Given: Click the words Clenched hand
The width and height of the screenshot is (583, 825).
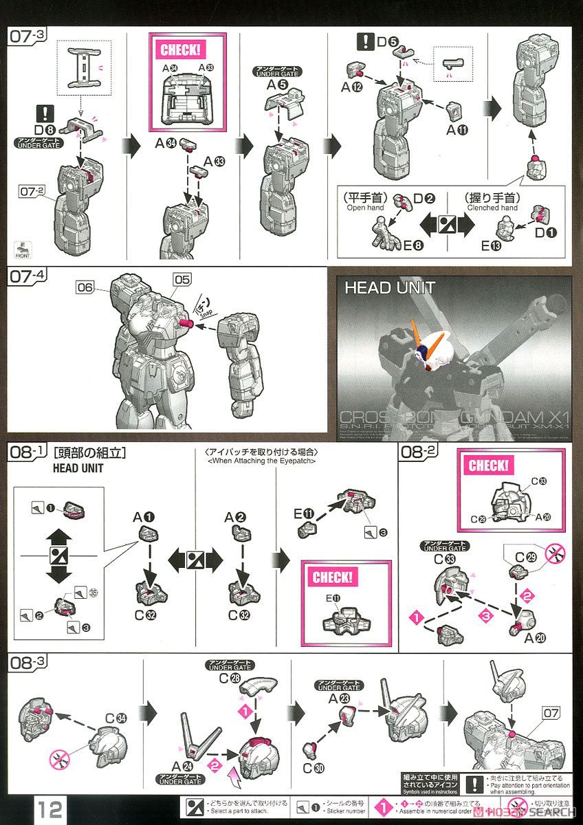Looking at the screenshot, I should (492, 207).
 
